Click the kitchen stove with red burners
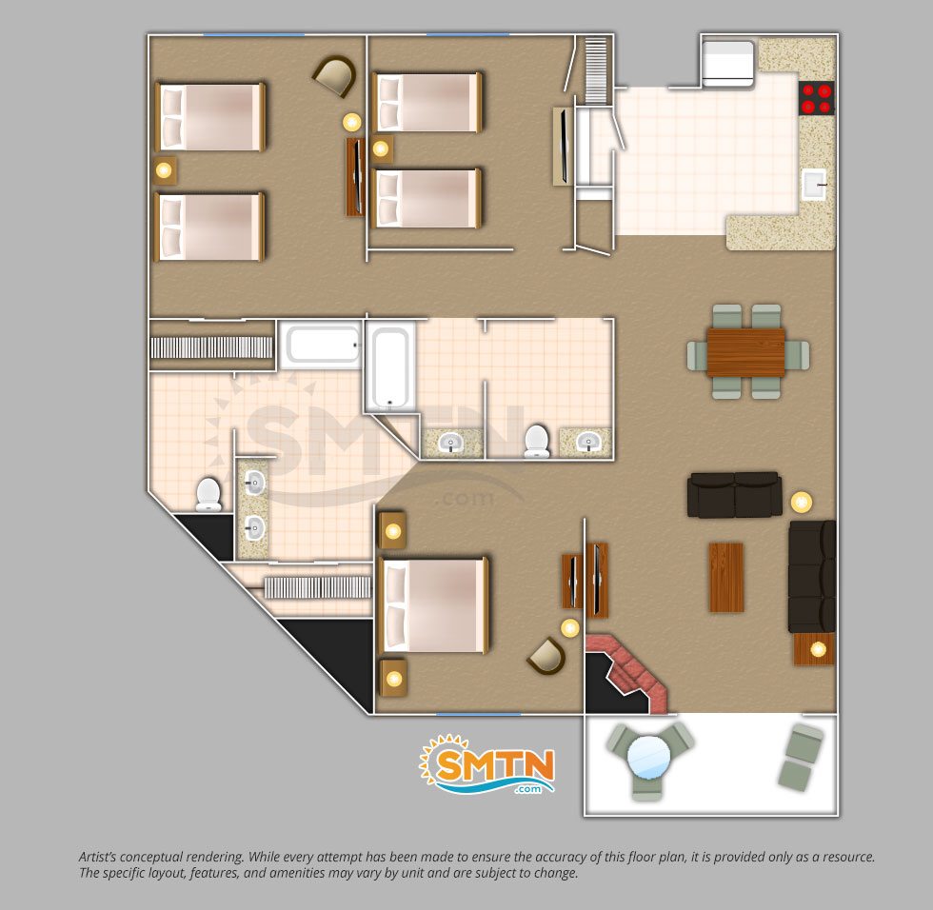pos(817,98)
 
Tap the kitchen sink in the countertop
pos(814,184)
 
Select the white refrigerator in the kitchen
pos(727,63)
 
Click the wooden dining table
pos(745,352)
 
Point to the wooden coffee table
pos(725,577)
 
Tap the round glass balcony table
pos(648,757)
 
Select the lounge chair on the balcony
pos(802,756)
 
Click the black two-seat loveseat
pos(734,495)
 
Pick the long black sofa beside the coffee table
pos(811,576)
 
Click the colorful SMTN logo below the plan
pos(487,765)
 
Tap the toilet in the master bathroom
pos(208,494)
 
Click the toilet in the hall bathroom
pos(537,441)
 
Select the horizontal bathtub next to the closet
pos(322,344)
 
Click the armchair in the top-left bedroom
pos(335,76)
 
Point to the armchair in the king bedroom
pos(546,656)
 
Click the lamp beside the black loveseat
pos(802,502)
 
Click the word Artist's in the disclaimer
pos(97,857)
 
